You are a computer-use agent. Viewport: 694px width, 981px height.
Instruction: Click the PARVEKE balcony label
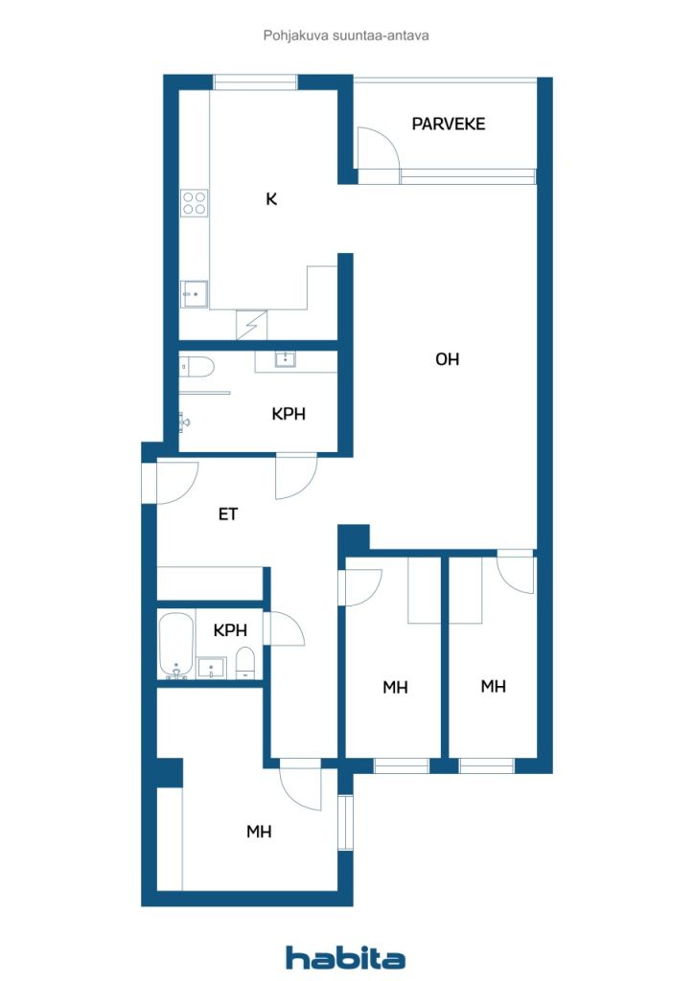tap(449, 124)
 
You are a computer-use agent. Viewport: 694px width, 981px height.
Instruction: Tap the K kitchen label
tap(271, 199)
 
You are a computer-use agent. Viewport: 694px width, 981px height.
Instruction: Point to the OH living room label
tap(447, 359)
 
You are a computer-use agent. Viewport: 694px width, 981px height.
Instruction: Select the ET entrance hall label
tap(227, 514)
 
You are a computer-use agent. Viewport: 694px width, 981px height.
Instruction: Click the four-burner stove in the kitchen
tap(195, 201)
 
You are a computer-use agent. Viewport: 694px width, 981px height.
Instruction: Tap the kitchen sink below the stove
tap(195, 293)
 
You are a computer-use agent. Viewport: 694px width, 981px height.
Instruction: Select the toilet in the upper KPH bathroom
tap(195, 366)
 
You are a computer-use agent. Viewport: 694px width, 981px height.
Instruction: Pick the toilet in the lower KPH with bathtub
tap(245, 662)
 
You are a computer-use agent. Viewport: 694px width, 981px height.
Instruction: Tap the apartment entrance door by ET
tap(175, 483)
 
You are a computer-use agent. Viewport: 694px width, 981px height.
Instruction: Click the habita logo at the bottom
tap(346, 957)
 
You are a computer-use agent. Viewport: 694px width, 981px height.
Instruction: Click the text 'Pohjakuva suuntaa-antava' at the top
tap(346, 35)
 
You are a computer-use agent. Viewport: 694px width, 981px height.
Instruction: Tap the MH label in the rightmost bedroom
tap(494, 686)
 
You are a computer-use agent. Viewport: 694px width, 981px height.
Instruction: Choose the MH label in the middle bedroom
tap(395, 687)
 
